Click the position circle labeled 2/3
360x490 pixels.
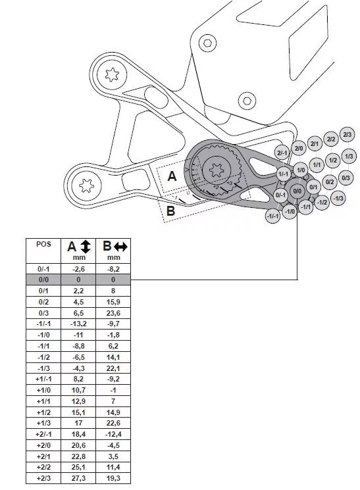347,134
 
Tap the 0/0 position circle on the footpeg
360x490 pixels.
297,191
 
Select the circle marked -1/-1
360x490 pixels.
273,215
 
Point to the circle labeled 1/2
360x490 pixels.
332,160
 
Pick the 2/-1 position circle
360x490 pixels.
282,153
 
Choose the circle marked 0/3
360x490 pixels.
346,178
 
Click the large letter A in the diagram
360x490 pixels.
172,176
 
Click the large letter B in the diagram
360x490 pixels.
170,210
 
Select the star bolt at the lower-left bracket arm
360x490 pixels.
85,185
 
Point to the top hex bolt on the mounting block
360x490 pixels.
208,43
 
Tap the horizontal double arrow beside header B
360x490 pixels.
120,247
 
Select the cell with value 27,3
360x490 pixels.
78,478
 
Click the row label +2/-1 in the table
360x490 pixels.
43,435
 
